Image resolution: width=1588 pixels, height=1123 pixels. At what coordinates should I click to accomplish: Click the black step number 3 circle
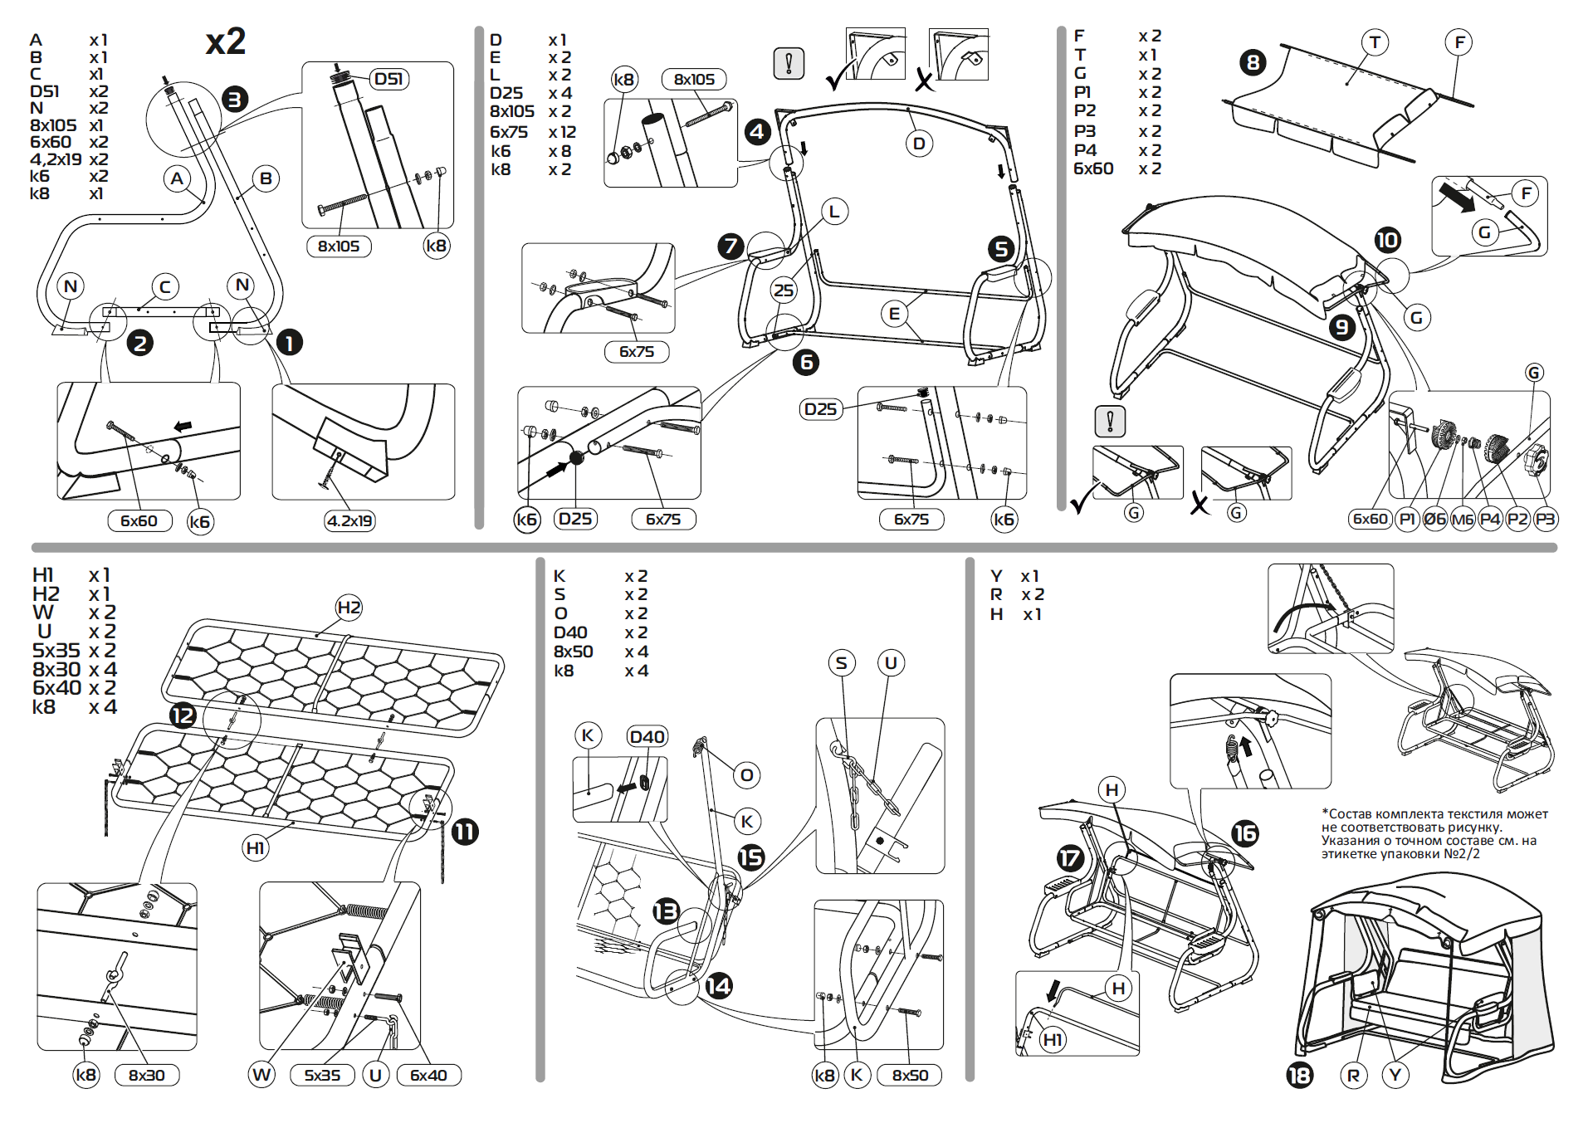(x=235, y=100)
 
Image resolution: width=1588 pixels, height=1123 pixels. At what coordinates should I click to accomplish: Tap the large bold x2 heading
(x=226, y=42)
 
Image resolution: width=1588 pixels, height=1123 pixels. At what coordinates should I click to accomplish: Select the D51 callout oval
(x=388, y=79)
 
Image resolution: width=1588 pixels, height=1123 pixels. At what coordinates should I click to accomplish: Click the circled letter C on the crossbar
(x=165, y=287)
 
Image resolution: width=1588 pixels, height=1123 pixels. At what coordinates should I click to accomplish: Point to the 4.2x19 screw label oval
(x=349, y=520)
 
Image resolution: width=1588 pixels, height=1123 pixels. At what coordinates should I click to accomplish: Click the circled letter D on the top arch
(x=919, y=144)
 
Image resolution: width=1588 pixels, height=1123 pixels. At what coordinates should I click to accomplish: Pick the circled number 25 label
(x=784, y=290)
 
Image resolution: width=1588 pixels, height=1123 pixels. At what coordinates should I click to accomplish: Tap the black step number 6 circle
(x=805, y=362)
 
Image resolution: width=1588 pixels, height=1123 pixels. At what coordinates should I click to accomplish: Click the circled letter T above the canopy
(x=1375, y=42)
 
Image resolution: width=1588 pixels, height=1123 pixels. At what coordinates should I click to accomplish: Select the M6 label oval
(x=1463, y=519)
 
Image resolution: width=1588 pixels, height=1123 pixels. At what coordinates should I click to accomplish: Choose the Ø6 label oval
(x=1435, y=519)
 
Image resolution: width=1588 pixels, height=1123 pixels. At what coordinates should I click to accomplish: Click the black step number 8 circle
(x=1253, y=62)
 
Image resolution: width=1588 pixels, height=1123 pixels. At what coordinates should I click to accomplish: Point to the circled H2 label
(x=349, y=607)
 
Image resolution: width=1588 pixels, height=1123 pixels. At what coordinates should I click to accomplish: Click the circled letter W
(x=262, y=1075)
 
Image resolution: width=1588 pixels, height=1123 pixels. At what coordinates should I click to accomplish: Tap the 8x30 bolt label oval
(x=146, y=1075)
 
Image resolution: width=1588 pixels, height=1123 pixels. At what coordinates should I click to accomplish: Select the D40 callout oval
(x=647, y=736)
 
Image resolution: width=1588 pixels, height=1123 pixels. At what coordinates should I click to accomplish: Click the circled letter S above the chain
(x=842, y=662)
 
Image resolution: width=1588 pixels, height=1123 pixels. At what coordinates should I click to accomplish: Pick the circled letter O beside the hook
(x=746, y=775)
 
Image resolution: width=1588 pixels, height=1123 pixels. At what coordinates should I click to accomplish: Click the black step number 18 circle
(x=1299, y=1076)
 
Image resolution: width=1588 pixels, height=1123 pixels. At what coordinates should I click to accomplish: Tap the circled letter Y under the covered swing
(x=1395, y=1076)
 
